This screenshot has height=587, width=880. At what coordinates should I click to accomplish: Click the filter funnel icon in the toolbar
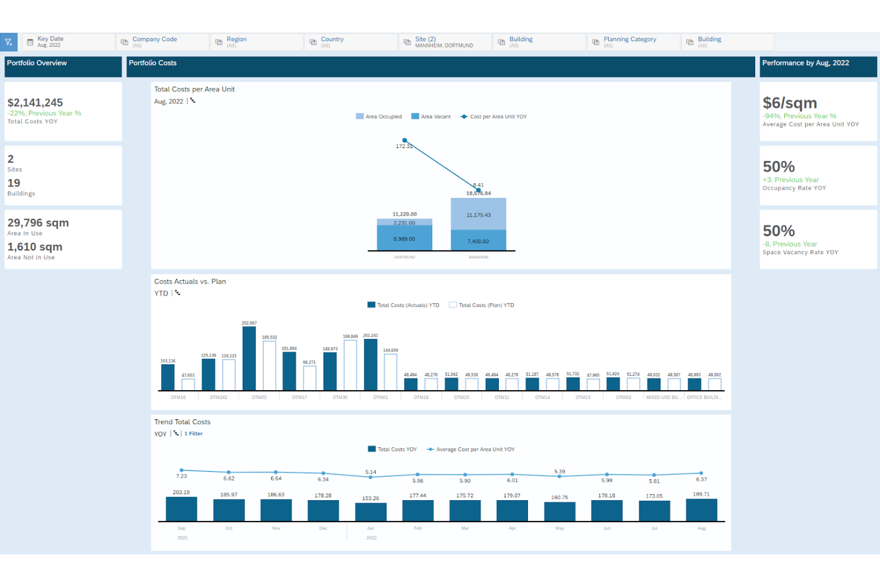(x=9, y=42)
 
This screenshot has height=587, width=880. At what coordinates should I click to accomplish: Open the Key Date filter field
(x=68, y=42)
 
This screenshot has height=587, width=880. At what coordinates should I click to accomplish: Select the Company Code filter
(x=162, y=42)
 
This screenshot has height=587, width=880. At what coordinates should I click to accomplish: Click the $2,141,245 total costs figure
(x=35, y=103)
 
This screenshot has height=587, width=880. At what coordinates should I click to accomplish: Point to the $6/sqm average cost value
(x=790, y=103)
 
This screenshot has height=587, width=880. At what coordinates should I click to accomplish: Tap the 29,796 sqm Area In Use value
(x=38, y=223)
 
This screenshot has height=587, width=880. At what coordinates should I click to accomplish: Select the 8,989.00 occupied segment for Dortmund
(x=404, y=239)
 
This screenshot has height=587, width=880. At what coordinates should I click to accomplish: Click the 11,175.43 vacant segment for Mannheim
(x=478, y=214)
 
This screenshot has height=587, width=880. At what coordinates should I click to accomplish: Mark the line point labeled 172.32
(x=404, y=140)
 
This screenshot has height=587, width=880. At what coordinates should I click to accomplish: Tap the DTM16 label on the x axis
(x=178, y=397)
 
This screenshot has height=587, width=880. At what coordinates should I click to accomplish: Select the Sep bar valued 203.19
(x=181, y=509)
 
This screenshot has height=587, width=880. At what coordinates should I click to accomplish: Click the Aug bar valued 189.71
(x=701, y=510)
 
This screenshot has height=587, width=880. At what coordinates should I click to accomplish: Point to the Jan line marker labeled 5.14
(x=370, y=477)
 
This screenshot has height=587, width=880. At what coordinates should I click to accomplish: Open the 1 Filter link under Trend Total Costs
(x=193, y=434)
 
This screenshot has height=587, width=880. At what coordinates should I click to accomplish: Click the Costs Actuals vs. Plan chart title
(x=190, y=281)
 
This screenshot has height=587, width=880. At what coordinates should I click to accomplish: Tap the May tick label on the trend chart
(x=560, y=528)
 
